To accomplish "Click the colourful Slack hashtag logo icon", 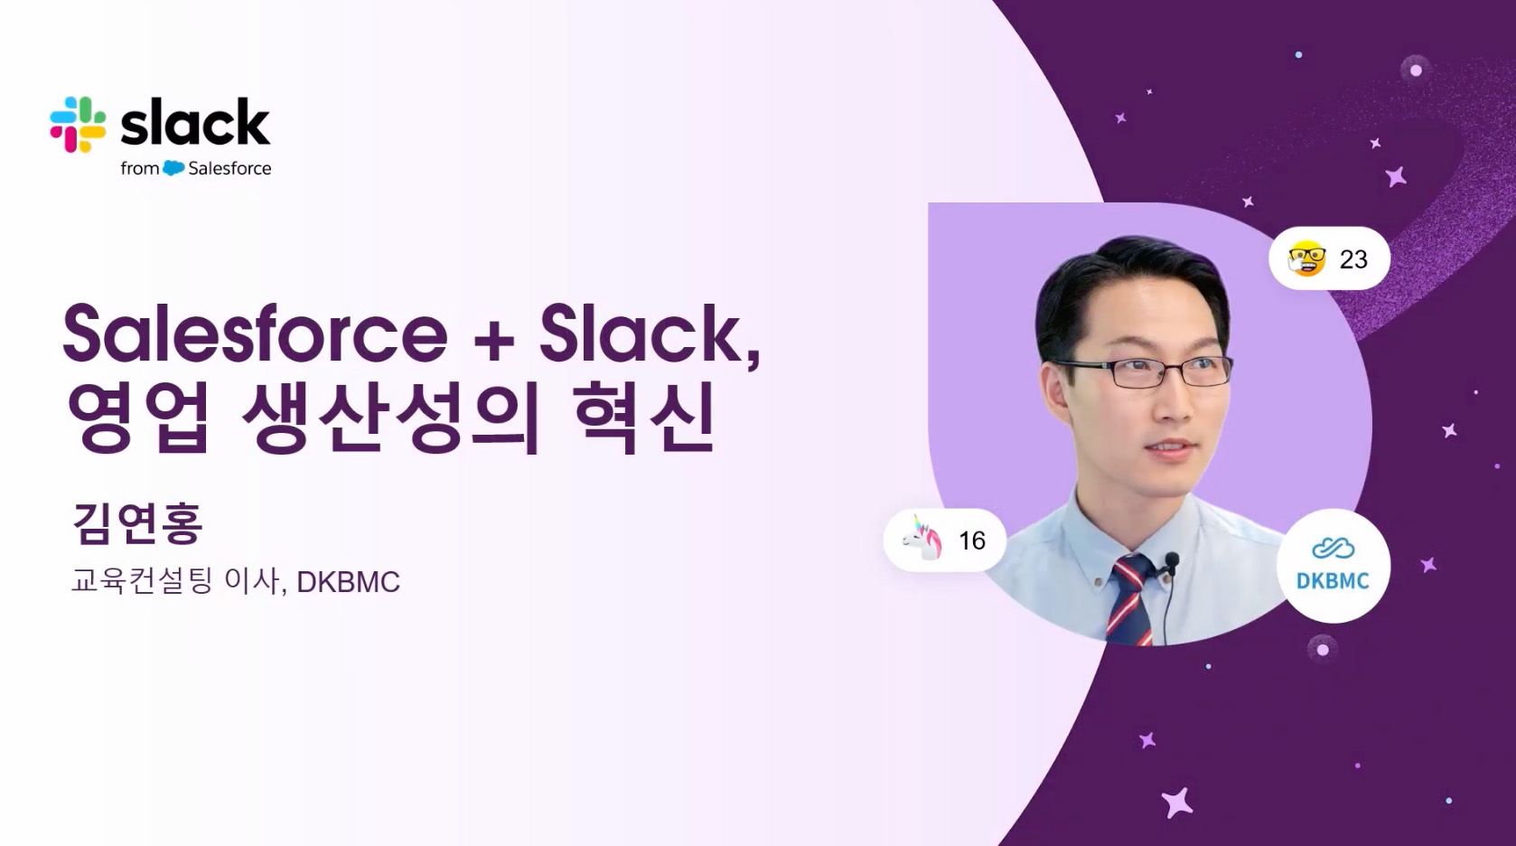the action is [x=78, y=125].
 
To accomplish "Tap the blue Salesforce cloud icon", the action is [x=174, y=168].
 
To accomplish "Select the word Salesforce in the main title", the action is [x=255, y=334].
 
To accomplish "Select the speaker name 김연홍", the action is [x=137, y=523].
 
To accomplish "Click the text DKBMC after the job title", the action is [x=348, y=582].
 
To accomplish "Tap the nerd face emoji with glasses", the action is [x=1306, y=258].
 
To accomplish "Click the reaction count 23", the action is [x=1353, y=259].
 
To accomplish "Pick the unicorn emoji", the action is [x=922, y=540].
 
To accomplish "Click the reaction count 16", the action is [x=972, y=540].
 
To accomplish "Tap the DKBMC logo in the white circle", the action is [x=1333, y=566].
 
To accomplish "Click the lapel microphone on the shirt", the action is [x=1172, y=561].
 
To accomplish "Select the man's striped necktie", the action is [x=1132, y=600].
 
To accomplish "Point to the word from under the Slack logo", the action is [x=140, y=168].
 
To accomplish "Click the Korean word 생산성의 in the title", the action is [x=389, y=418].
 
